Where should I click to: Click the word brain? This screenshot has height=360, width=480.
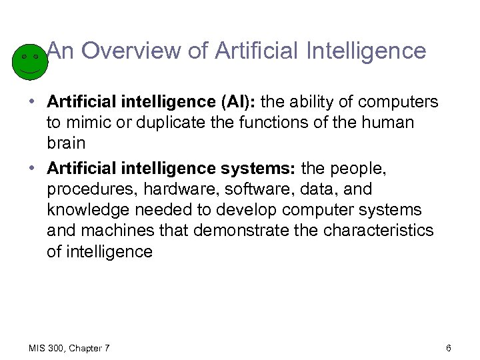(65, 143)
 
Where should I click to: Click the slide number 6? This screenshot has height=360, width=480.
(449, 349)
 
